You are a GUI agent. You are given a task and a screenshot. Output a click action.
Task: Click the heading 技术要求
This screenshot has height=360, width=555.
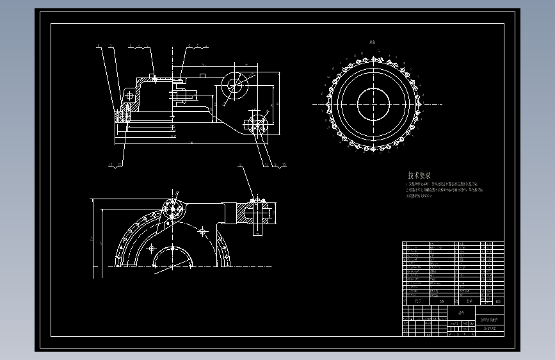(420, 175)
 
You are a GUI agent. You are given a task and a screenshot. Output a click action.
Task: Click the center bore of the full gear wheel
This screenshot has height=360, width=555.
(373, 104)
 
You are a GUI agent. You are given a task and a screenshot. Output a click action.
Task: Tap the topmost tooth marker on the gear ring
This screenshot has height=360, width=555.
(373, 58)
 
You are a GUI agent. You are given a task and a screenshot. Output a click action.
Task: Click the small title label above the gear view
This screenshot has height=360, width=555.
(373, 42)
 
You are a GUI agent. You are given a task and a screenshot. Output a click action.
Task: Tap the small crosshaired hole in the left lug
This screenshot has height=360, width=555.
(131, 95)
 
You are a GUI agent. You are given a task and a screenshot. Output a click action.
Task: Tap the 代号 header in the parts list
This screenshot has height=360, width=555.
(417, 300)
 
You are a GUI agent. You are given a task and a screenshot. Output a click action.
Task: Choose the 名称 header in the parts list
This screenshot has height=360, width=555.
(442, 300)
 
